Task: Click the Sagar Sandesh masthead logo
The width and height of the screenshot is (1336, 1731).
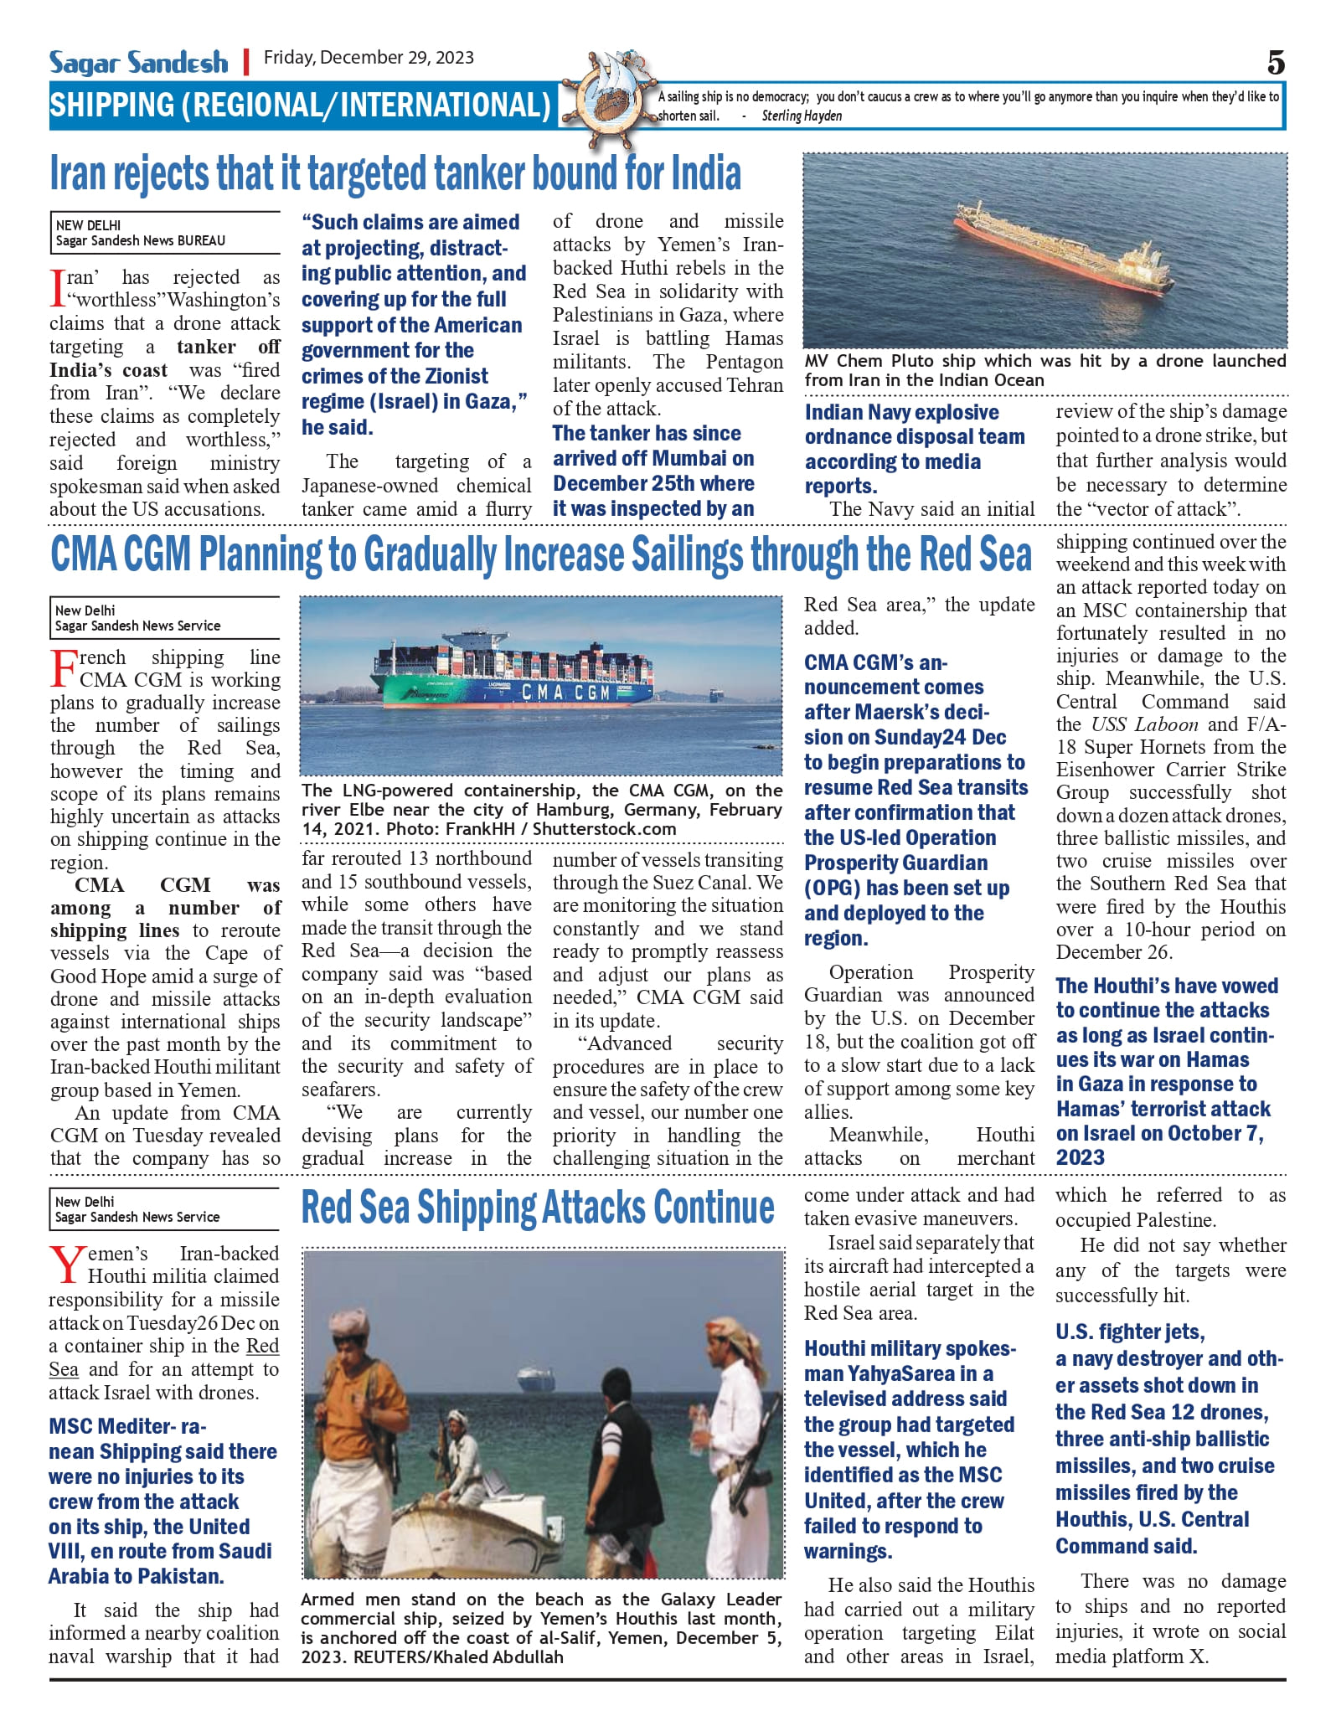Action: click(x=138, y=62)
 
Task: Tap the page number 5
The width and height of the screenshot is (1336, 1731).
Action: click(x=1275, y=64)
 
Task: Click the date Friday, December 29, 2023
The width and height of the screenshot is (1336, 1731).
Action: click(x=369, y=58)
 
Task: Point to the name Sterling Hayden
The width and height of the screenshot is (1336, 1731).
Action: click(x=801, y=116)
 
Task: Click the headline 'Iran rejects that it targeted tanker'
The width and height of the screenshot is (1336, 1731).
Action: click(x=395, y=173)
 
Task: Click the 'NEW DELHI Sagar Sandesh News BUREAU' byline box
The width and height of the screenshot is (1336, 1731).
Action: click(x=164, y=233)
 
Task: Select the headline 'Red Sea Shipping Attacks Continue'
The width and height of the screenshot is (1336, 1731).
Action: click(x=538, y=1208)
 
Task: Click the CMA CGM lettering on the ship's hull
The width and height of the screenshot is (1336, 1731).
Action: click(x=566, y=692)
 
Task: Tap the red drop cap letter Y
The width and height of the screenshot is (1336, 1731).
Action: click(x=66, y=1265)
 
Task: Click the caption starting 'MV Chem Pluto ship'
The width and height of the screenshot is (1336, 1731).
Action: click(x=1045, y=370)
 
